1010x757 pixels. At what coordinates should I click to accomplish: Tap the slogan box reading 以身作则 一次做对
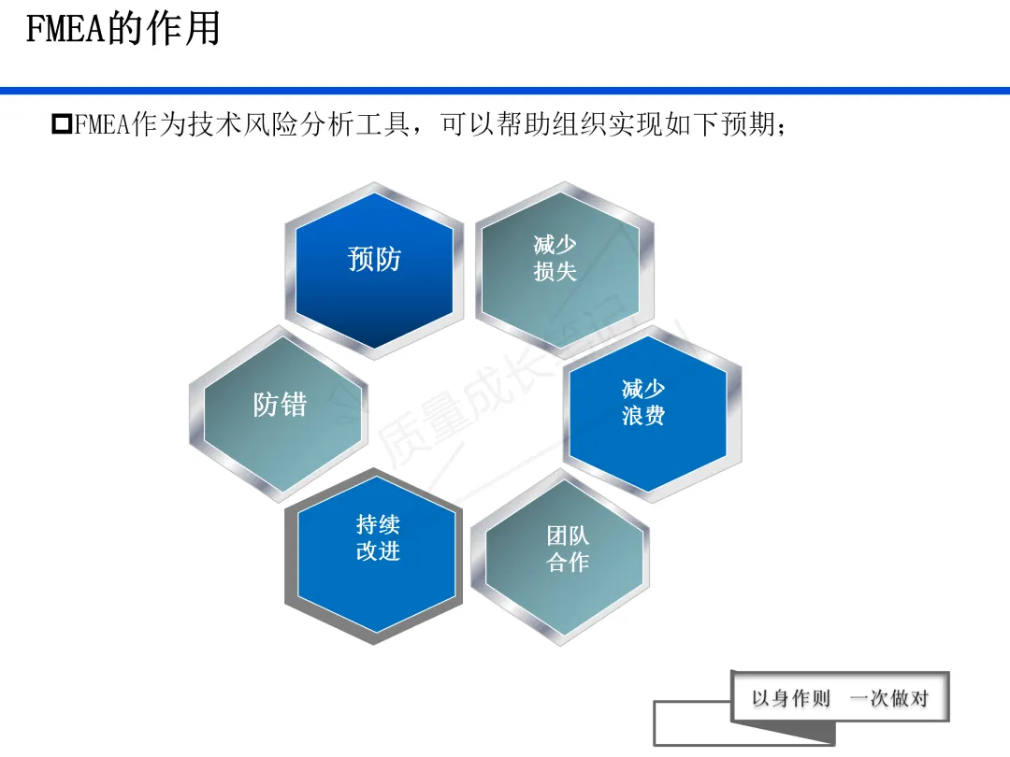[839, 698]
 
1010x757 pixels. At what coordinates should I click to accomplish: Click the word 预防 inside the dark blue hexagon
[374, 259]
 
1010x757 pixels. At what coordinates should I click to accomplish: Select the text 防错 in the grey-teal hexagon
[280, 405]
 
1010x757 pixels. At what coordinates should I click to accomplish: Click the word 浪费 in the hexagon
[643, 415]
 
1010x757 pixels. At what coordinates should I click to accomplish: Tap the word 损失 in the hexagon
[555, 271]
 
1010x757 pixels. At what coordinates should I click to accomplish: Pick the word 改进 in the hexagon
[378, 550]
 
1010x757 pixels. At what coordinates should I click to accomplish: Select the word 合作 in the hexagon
[568, 562]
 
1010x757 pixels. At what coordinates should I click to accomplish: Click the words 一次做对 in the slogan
[888, 698]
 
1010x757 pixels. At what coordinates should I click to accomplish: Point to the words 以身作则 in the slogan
[791, 698]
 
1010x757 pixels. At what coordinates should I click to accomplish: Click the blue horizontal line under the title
[505, 91]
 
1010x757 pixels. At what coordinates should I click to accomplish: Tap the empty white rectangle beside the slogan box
[692, 724]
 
